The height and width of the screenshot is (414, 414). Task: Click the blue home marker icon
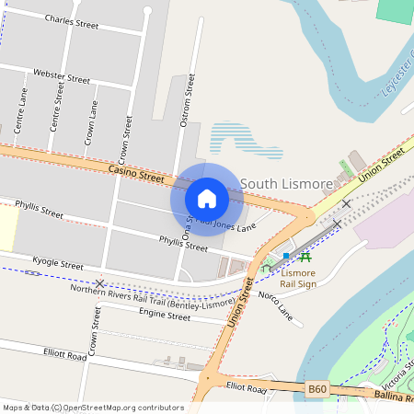coord(207,199)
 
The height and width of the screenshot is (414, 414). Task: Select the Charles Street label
coord(72,20)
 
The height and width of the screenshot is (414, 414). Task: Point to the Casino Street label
coord(135,172)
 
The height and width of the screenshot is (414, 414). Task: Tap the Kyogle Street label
coord(57,264)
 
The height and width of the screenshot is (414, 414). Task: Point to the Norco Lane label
coord(275,306)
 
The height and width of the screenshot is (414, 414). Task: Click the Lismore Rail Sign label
coord(297,279)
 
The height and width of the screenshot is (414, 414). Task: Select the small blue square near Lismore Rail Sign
coord(287,256)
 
